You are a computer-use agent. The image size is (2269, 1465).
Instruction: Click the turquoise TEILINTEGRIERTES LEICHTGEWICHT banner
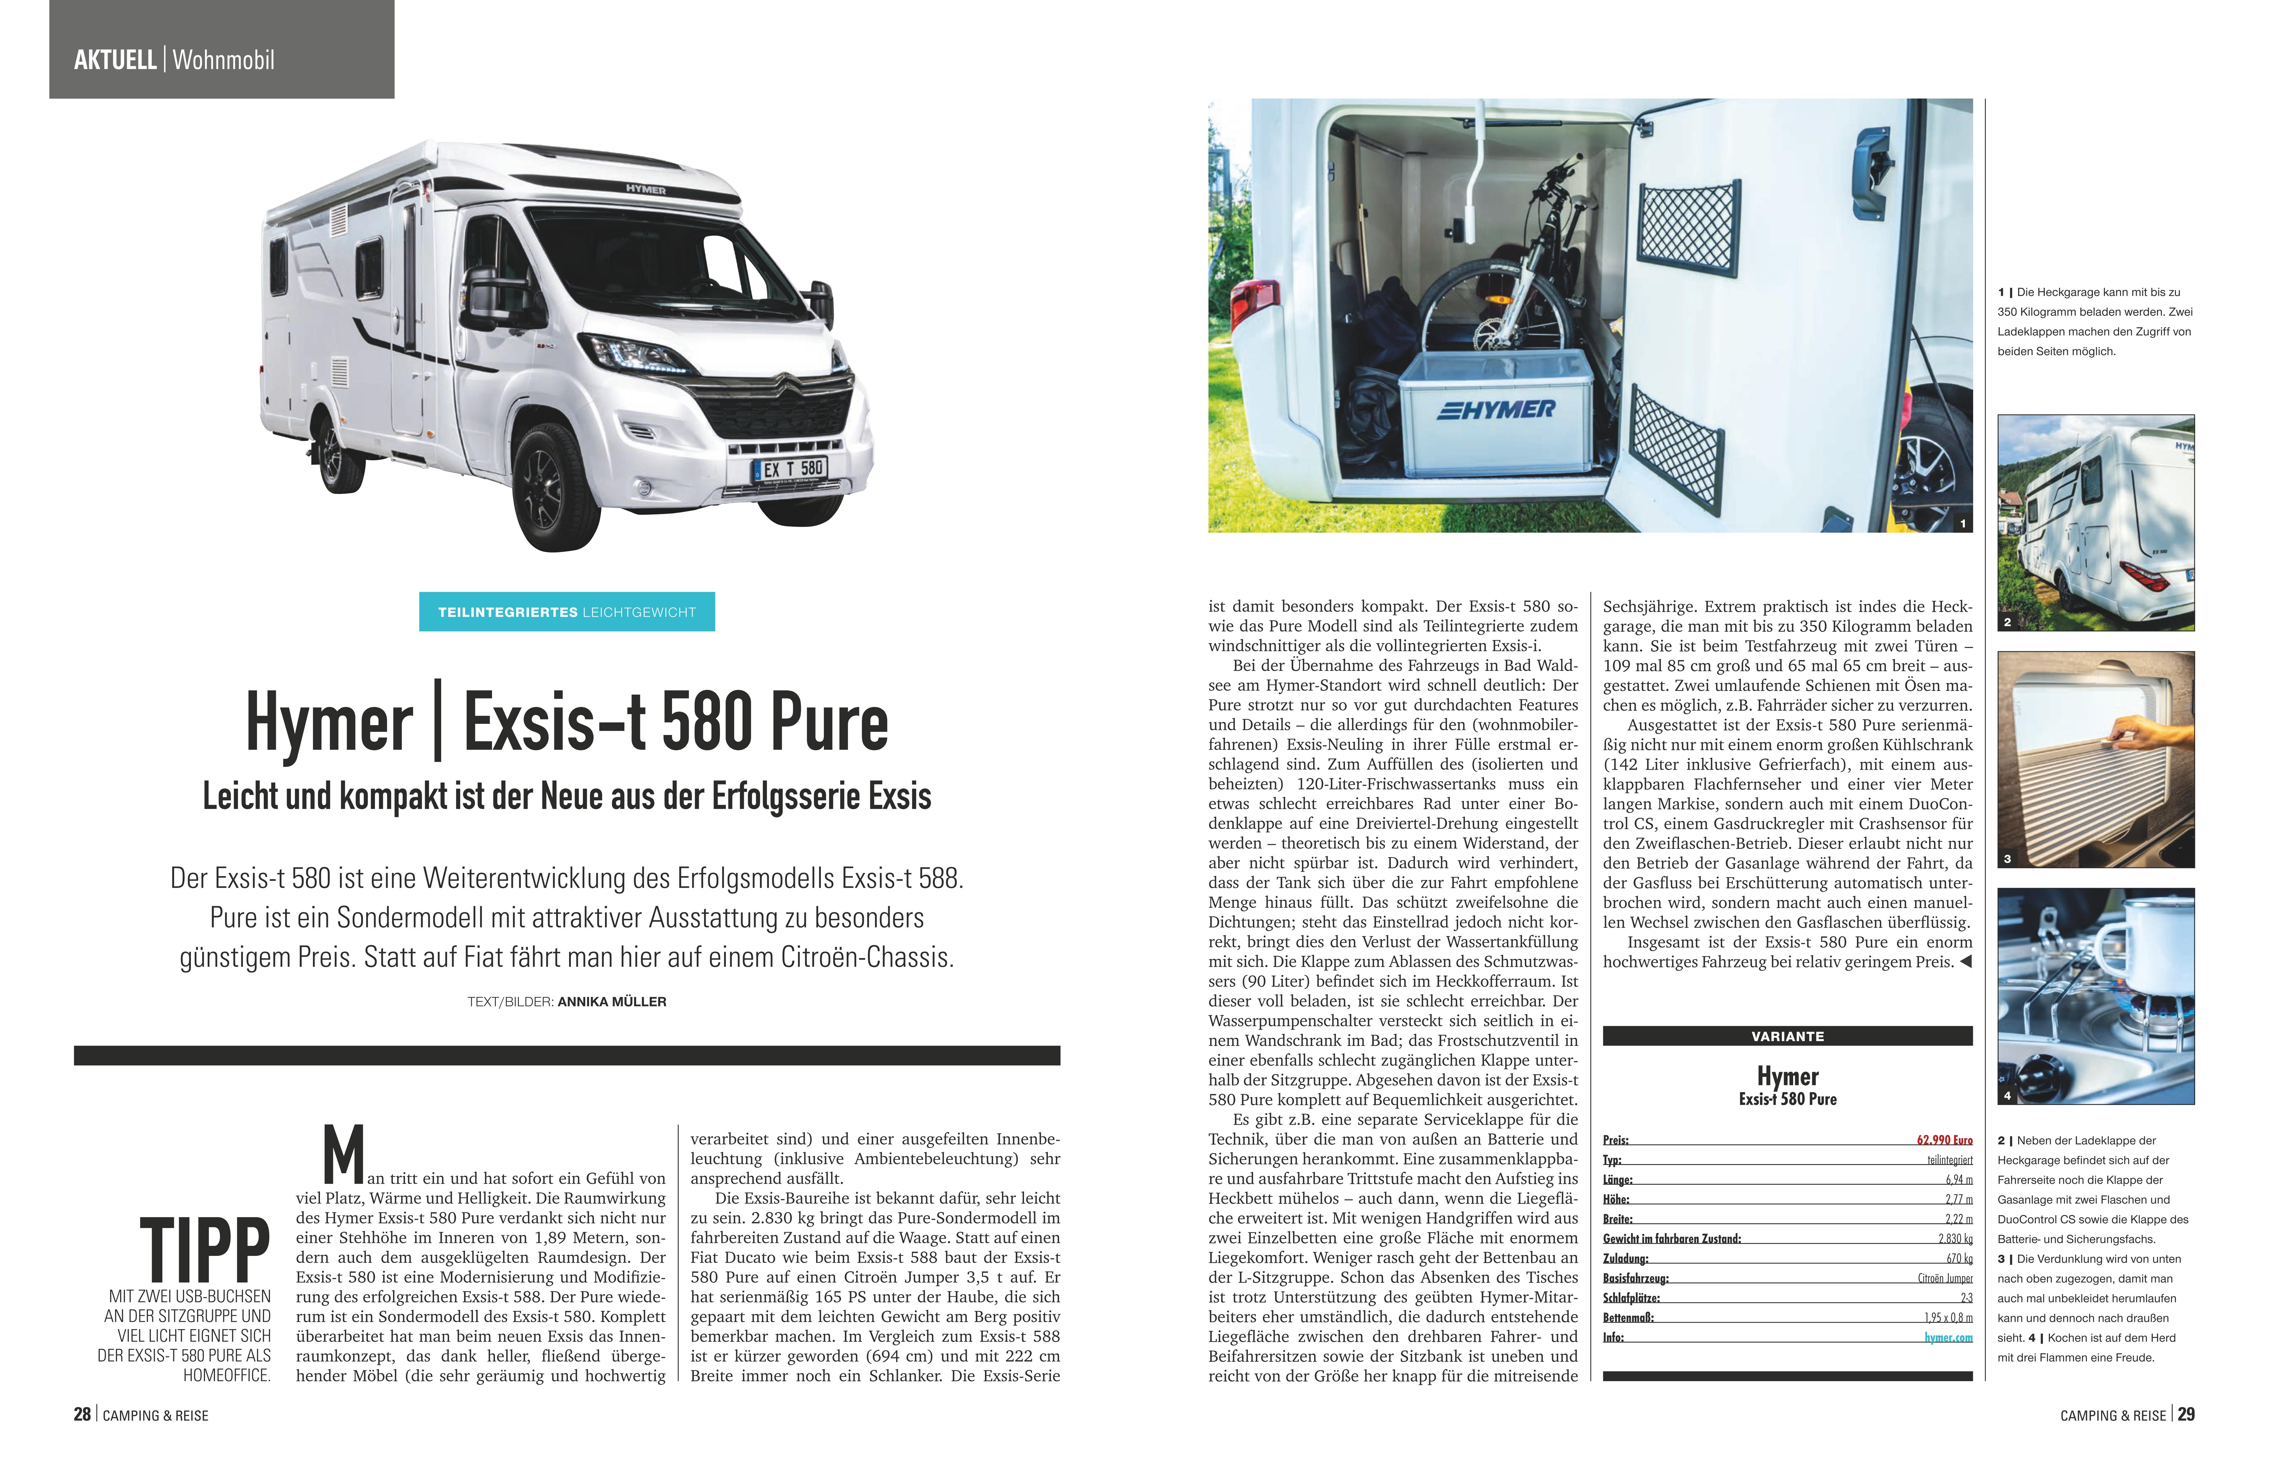click(567, 612)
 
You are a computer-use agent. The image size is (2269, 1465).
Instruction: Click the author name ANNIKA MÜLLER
click(611, 1002)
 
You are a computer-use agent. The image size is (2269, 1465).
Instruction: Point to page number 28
click(82, 1415)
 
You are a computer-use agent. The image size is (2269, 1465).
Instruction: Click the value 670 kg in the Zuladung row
click(1959, 1259)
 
